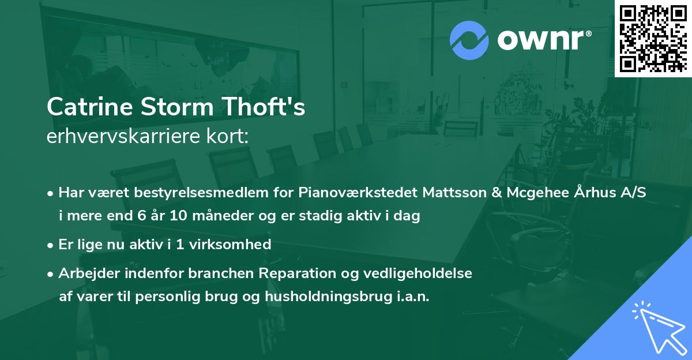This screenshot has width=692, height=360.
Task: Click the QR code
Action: click(653, 38)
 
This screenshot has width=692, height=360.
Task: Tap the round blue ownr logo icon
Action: click(469, 40)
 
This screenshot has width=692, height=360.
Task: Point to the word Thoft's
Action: click(269, 107)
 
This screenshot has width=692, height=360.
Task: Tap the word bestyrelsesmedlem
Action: click(173, 193)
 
